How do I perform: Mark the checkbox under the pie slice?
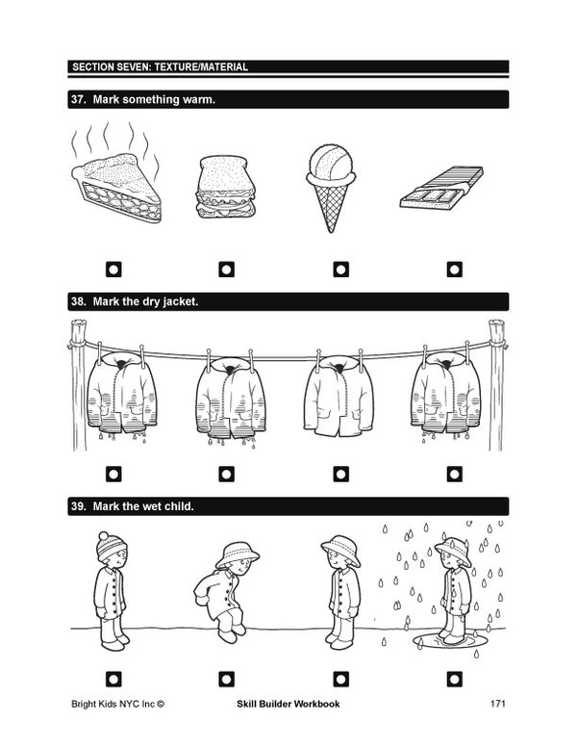(x=113, y=269)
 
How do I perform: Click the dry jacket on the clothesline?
(x=337, y=396)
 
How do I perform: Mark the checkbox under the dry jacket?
(x=339, y=474)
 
